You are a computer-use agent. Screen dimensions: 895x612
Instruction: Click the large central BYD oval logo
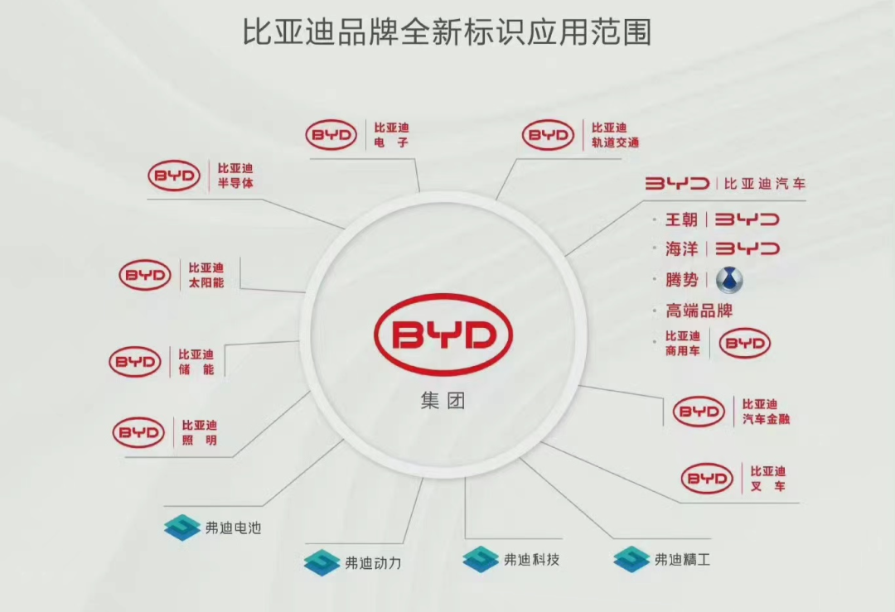tap(443, 335)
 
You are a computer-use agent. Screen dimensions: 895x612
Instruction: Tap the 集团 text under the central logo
tap(443, 400)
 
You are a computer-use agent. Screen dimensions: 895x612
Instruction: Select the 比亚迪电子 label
tap(391, 135)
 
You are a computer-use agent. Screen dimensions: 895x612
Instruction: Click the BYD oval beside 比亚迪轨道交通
tap(548, 135)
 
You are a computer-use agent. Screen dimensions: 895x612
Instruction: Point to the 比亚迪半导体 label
tap(235, 176)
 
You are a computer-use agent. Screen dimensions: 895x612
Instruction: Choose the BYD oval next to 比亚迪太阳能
tap(145, 275)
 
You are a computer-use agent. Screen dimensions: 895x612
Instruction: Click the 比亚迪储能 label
tap(196, 362)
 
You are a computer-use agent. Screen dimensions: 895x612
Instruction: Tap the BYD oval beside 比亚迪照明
tap(138, 432)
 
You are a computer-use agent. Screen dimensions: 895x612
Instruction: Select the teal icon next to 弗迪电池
tap(182, 527)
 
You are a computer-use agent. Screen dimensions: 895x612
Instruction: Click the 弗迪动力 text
tap(373, 563)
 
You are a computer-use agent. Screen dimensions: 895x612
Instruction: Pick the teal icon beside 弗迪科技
tap(481, 560)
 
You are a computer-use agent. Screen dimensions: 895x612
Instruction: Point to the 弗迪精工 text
tap(683, 560)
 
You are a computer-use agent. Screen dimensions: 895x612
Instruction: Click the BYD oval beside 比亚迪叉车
tap(707, 479)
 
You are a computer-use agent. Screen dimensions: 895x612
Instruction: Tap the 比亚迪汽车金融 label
tap(766, 412)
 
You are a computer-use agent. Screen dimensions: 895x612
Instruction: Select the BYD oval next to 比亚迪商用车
tap(745, 344)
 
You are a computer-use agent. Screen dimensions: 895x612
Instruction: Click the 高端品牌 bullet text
tap(699, 311)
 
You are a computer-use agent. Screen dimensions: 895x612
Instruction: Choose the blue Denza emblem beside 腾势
tap(729, 280)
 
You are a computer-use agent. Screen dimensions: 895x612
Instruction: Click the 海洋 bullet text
tap(681, 249)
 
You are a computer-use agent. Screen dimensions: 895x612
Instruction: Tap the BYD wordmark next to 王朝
tap(747, 219)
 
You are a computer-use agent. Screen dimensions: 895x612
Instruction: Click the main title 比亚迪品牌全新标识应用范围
tap(447, 31)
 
